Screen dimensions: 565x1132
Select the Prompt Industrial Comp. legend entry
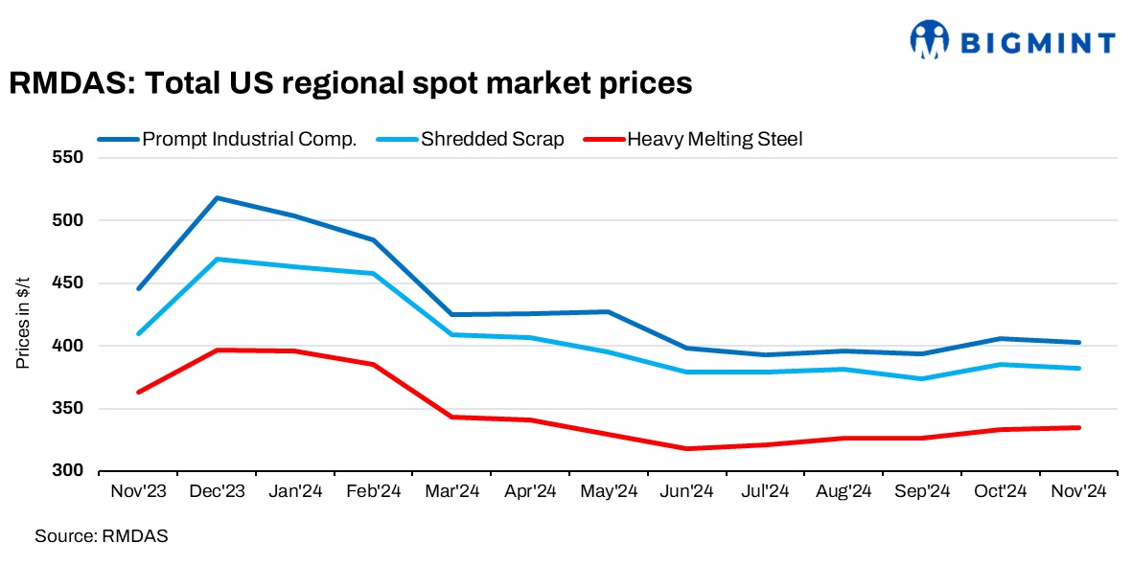tap(249, 139)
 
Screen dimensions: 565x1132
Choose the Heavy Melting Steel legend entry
tap(714, 139)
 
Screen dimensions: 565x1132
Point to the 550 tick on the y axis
tap(68, 157)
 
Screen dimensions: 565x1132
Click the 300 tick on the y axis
tap(68, 471)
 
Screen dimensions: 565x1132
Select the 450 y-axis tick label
tap(68, 283)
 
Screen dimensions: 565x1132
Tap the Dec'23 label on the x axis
tap(217, 491)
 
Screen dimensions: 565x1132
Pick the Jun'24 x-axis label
tap(687, 491)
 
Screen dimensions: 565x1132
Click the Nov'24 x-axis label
tap(1079, 491)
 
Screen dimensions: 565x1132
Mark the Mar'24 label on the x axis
tap(451, 491)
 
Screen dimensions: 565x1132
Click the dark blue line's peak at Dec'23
tap(218, 198)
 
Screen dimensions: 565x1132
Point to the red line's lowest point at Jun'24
tap(687, 448)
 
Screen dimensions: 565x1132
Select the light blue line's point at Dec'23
tap(218, 260)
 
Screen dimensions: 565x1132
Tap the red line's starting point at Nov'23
tap(139, 392)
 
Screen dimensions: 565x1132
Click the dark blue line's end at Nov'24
tap(1079, 342)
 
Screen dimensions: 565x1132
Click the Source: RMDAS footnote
tap(102, 536)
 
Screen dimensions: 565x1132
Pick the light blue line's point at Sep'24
tap(922, 378)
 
